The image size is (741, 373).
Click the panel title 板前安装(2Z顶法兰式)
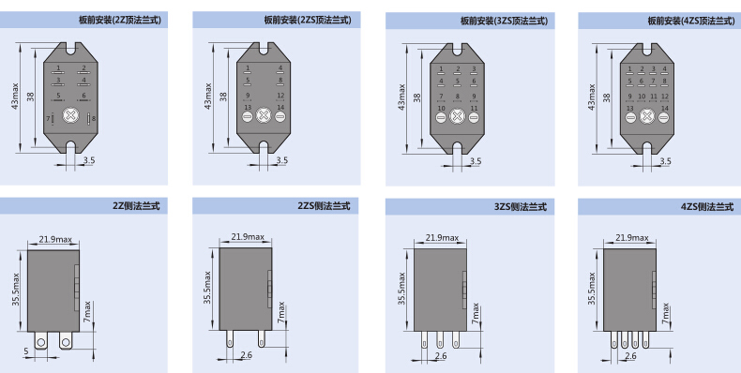(x=120, y=20)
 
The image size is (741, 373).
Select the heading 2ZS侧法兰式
(x=325, y=206)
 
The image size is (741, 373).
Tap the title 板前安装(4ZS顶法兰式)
(x=691, y=21)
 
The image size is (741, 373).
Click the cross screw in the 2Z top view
(x=70, y=115)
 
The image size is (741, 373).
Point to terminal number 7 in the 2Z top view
(x=48, y=118)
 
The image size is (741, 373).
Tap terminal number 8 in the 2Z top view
(x=94, y=118)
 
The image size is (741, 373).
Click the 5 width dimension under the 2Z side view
(x=26, y=351)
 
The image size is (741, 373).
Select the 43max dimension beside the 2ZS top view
(x=208, y=97)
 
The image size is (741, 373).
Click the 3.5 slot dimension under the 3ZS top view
(x=476, y=161)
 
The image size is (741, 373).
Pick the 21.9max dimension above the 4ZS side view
(x=632, y=237)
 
